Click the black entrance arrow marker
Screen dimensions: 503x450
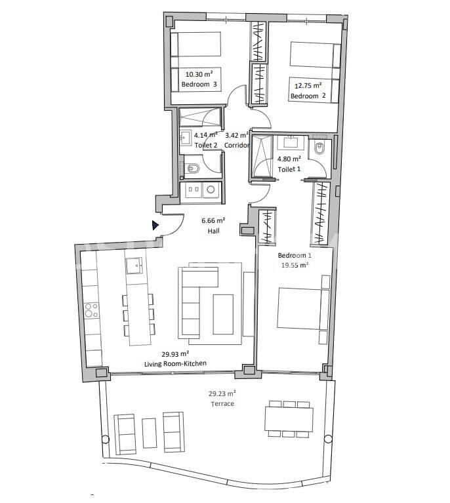pos(155,226)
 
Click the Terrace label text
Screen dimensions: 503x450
pos(222,404)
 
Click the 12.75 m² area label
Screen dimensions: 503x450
pos(308,85)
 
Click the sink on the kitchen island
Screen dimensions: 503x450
pos(134,266)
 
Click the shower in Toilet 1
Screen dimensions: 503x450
pos(263,157)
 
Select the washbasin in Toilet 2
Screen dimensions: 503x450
pos(186,138)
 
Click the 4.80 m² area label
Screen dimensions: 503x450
pos(289,159)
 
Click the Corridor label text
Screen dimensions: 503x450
pos(237,145)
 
